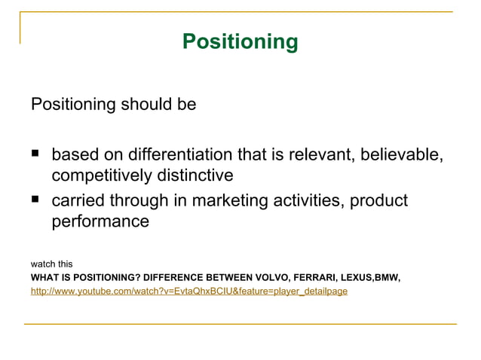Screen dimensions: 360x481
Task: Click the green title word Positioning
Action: pos(240,41)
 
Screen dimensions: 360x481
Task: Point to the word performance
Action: pos(100,222)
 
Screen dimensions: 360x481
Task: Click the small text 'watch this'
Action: pos(51,264)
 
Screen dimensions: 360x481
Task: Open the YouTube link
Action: pos(188,291)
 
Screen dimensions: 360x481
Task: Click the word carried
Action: pos(78,201)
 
